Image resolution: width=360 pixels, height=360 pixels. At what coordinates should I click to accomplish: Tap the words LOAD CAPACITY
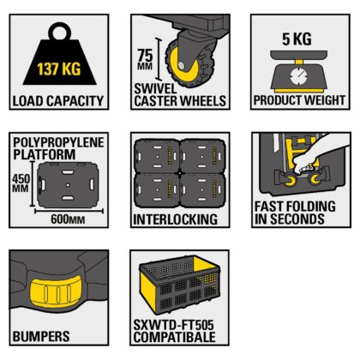click(58, 101)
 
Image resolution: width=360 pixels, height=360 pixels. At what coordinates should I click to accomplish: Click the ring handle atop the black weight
click(58, 32)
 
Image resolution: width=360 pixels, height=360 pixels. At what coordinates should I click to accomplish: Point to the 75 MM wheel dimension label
click(143, 60)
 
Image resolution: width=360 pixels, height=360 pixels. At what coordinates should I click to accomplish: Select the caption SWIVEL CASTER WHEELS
click(179, 95)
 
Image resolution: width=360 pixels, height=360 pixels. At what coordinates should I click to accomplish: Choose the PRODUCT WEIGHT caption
click(299, 101)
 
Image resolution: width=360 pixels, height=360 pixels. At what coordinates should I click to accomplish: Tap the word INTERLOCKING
click(176, 219)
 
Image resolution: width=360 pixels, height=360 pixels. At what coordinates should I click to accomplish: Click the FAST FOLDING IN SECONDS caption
click(290, 213)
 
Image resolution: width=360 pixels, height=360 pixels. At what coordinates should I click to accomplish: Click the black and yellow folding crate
click(180, 286)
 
